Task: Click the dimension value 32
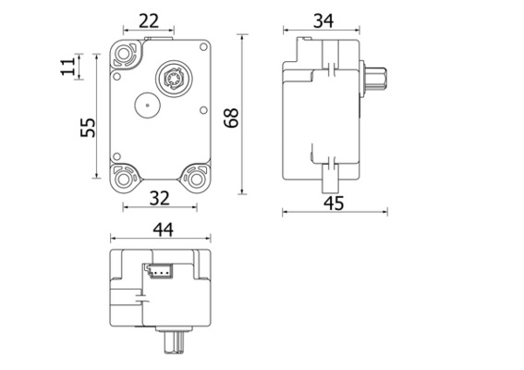pyautogui.click(x=158, y=197)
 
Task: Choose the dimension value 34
pyautogui.click(x=323, y=20)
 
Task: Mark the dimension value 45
pyautogui.click(x=334, y=203)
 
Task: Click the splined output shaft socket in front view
pyautogui.click(x=173, y=77)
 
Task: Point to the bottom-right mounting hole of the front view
pyautogui.click(x=196, y=176)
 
